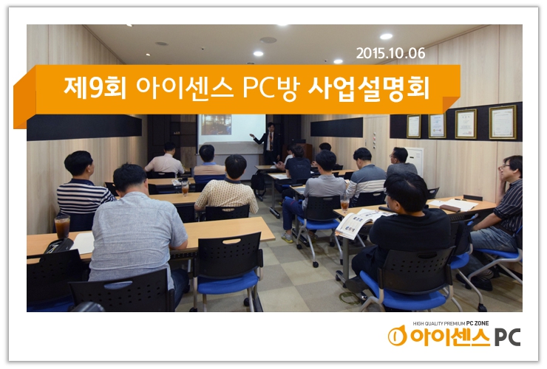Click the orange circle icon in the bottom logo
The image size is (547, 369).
coord(398,336)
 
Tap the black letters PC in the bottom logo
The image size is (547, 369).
coord(507,337)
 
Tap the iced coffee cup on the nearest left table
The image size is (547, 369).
coord(62,227)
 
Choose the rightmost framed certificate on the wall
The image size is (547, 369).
coord(502,122)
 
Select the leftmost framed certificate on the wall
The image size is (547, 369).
coord(413,125)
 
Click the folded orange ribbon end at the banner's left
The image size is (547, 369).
coord(24,103)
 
